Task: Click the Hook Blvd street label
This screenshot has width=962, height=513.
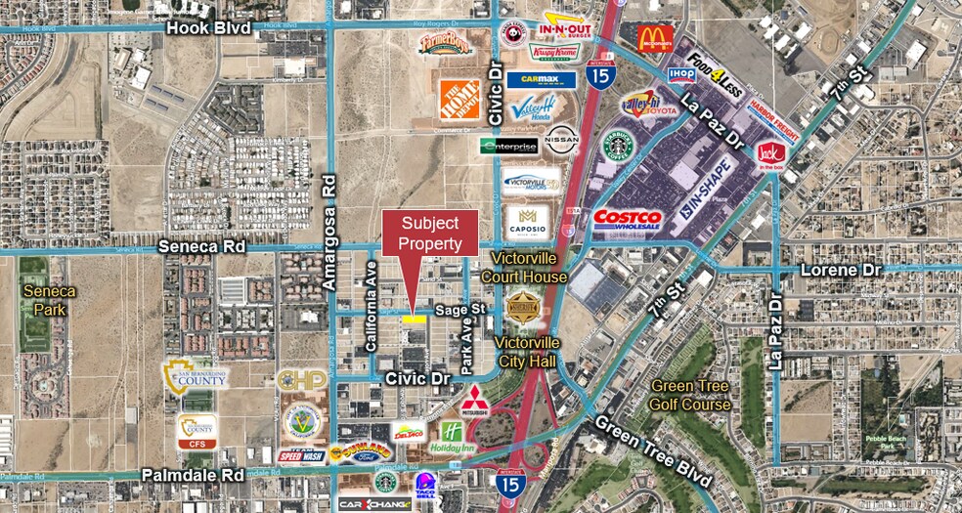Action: click(x=207, y=28)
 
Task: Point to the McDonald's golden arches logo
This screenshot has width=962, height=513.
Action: click(x=654, y=38)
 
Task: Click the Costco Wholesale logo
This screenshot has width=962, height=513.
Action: click(x=628, y=218)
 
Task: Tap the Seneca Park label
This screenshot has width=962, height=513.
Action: click(x=50, y=300)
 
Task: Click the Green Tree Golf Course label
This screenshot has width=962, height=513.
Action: click(x=691, y=395)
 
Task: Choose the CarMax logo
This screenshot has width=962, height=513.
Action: click(x=540, y=80)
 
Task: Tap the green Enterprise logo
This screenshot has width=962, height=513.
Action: click(x=509, y=147)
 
